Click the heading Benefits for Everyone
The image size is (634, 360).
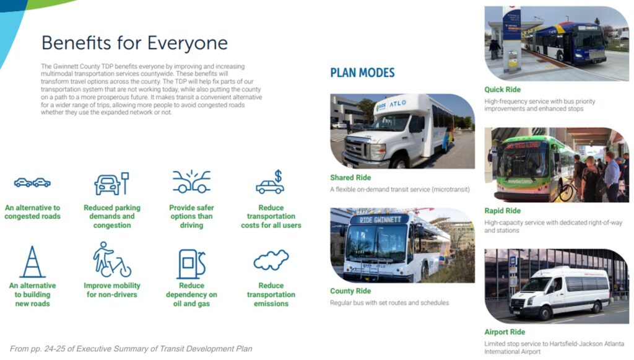pos(134,43)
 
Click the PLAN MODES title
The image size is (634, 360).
pos(362,73)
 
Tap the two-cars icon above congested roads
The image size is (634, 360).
pos(32,183)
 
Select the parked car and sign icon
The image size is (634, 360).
pos(111,183)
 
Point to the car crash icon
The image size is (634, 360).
pos(191,182)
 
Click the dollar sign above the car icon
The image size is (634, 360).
pos(278,176)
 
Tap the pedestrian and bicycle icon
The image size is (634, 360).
pos(111,260)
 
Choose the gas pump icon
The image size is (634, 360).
pos(191,264)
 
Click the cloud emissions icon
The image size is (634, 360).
pos(271,260)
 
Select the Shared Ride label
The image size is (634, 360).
pos(350,178)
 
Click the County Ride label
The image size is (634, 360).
pos(350,291)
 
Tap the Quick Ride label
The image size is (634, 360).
pos(502,89)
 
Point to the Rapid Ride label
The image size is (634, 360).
pos(502,211)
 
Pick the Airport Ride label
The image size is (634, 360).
pos(505,332)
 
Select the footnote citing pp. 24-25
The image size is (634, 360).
pos(131,349)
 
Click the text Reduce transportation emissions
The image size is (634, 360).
pos(271,294)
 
